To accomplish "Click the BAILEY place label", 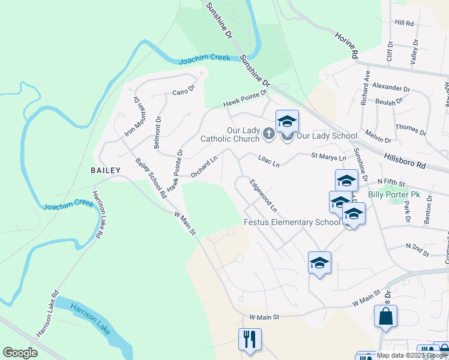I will click(106, 170).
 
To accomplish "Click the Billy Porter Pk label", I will click(394, 194).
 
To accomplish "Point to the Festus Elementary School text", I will click(292, 222).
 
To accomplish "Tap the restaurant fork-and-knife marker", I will click(249, 339).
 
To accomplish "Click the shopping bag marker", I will click(385, 316).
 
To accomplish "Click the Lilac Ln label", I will click(269, 161).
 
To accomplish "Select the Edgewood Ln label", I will click(264, 196).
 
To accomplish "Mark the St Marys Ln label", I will click(328, 157).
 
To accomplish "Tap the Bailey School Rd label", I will click(151, 178).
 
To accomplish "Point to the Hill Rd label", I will click(405, 23).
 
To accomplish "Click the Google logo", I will click(20, 353).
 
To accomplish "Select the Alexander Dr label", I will click(391, 88).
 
